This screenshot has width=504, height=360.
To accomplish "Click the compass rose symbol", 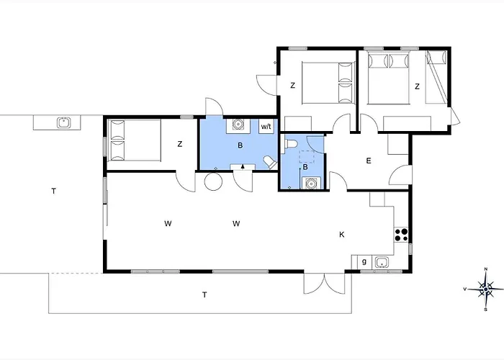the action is click(486, 289).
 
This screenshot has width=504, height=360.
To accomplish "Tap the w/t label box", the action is click(266, 126).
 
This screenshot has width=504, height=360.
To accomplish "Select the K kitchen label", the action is click(342, 234).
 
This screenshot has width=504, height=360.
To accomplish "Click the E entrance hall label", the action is click(369, 161).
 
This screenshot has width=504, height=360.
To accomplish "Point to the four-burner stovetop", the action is click(401, 235).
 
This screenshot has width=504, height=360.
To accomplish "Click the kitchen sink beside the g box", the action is click(382, 262).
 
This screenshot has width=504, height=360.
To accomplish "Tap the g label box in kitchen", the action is click(364, 262).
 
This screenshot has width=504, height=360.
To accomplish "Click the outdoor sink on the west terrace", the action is click(64, 122).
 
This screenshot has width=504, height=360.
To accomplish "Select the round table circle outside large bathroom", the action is click(213, 181).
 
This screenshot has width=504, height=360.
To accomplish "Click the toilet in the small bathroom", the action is click(289, 144).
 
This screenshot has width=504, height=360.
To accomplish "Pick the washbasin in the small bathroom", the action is click(311, 183).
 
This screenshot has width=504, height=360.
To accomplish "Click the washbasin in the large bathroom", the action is click(238, 124).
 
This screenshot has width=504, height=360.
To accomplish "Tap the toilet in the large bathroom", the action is click(270, 162).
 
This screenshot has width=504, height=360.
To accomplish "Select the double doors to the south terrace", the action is click(324, 283).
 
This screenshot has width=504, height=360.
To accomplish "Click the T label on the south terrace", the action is click(204, 294).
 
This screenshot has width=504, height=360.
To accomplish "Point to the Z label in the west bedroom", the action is click(180, 144).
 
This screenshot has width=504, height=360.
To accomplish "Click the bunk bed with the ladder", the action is click(436, 77).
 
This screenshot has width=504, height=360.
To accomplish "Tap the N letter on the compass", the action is click(486, 269).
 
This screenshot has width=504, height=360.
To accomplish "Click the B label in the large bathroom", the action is click(240, 145).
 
